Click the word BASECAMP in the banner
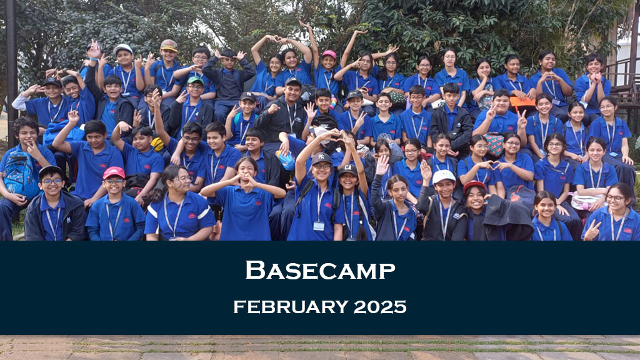[320, 270]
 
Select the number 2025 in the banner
[380, 307]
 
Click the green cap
[195, 80]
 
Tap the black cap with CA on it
[347, 169]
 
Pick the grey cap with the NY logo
[321, 158]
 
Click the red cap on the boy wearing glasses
[114, 172]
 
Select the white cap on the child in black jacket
[443, 176]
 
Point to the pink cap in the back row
[329, 54]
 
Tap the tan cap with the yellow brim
[169, 45]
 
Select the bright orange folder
[522, 101]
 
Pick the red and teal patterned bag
[494, 144]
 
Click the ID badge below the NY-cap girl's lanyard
[319, 226]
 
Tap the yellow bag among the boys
[157, 144]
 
